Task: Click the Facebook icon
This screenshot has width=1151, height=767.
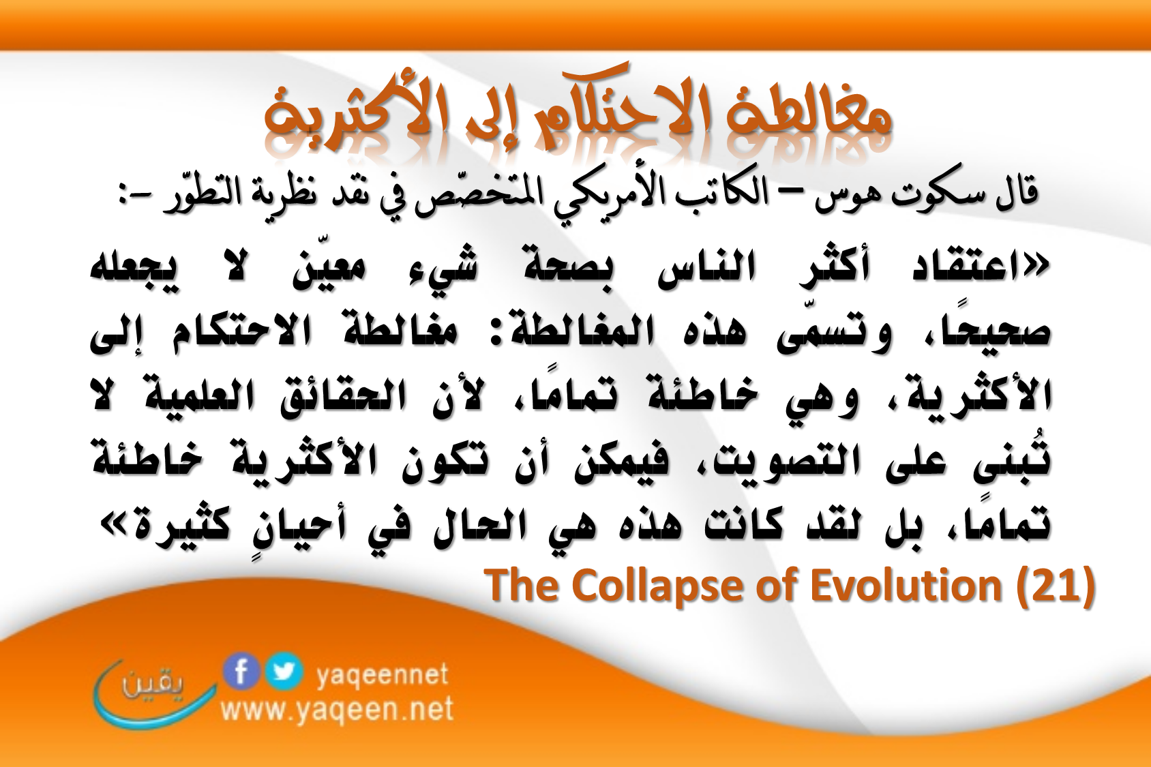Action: click(241, 672)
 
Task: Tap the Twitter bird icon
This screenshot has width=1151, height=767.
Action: click(284, 672)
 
